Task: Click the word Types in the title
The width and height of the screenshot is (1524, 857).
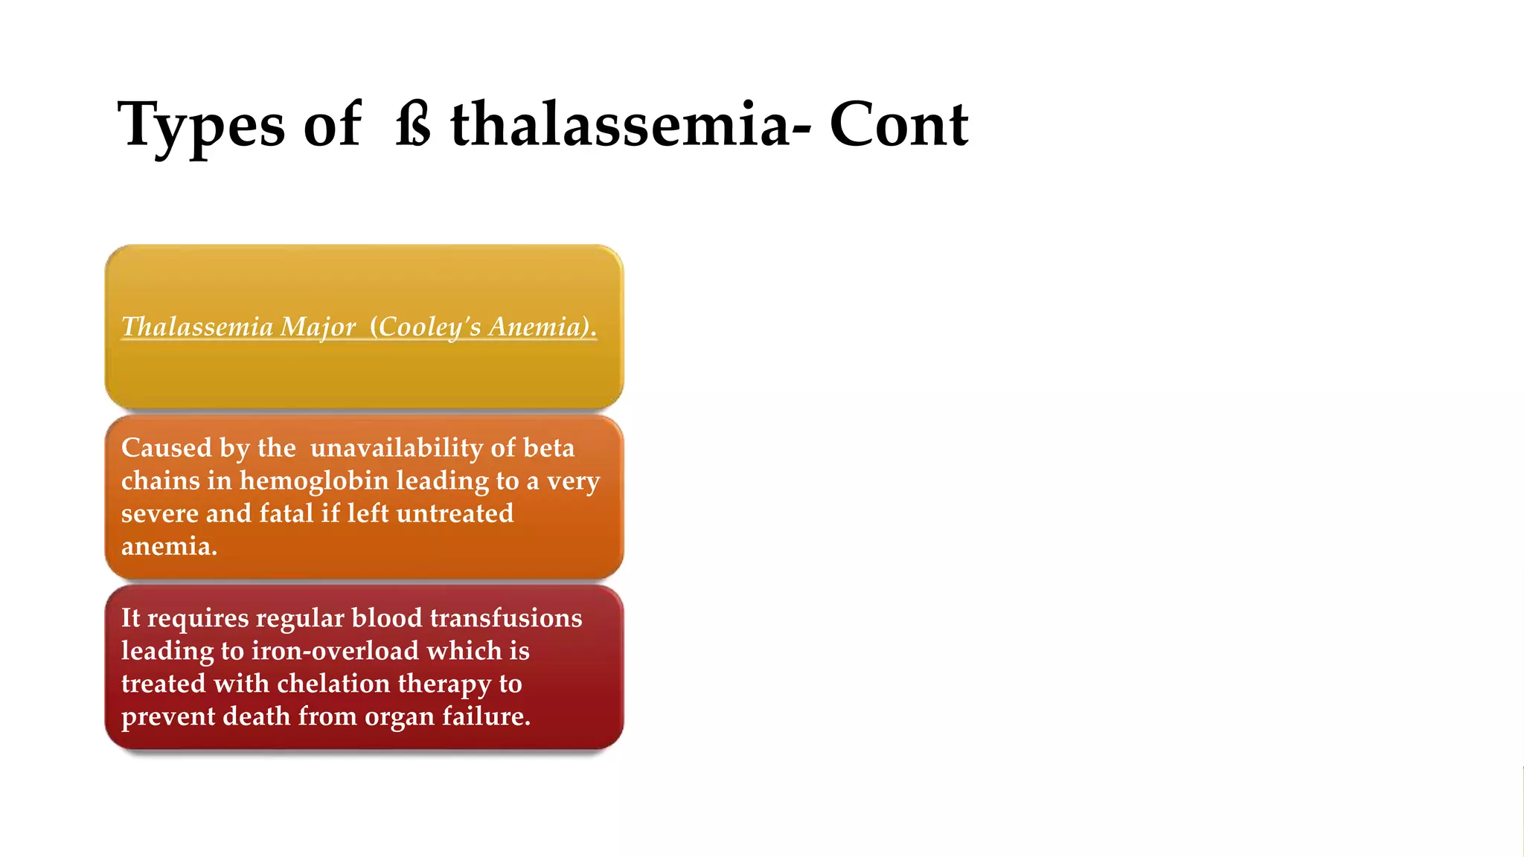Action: (201, 125)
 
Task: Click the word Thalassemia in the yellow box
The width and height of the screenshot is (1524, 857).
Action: (197, 327)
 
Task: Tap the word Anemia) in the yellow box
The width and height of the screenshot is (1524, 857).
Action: (542, 327)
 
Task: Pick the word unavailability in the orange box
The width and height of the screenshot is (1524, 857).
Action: (396, 448)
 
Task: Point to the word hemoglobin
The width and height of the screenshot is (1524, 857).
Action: (314, 481)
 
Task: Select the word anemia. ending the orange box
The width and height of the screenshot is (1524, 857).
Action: (169, 546)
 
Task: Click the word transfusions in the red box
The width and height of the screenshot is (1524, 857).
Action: (506, 618)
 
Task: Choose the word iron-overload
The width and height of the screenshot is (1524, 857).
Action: (335, 651)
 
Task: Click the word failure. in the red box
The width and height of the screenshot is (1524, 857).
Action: (487, 716)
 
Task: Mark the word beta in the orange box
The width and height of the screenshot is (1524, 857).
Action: (548, 448)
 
